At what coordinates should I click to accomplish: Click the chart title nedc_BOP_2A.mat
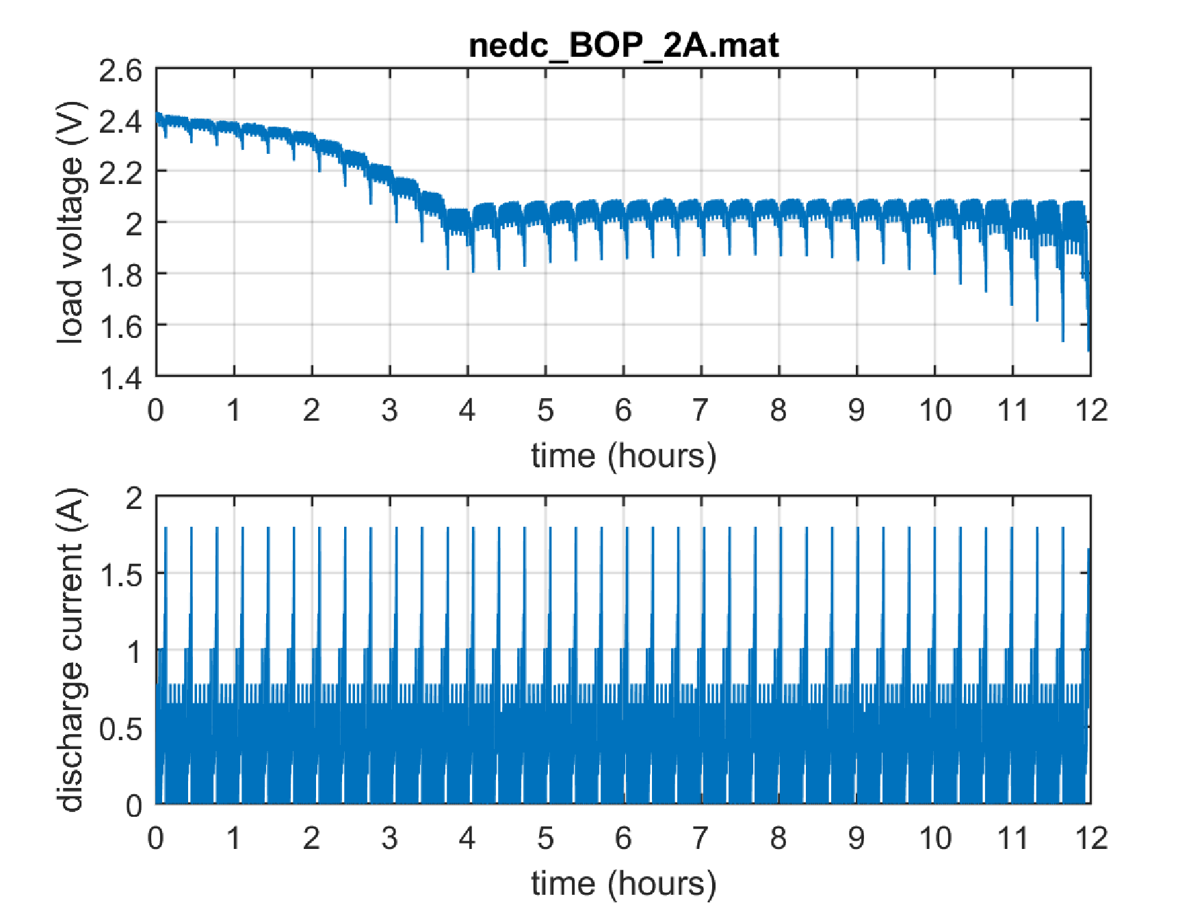click(x=623, y=45)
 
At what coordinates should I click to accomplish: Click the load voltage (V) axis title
click(x=70, y=222)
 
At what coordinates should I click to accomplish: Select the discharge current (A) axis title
click(x=70, y=650)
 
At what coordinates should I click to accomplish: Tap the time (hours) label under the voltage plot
click(x=623, y=456)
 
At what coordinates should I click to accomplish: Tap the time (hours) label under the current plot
click(x=623, y=883)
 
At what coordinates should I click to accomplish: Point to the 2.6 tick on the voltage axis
click(x=120, y=70)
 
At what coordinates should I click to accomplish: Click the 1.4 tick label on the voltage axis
click(x=120, y=378)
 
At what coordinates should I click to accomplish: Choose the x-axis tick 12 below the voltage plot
click(x=1091, y=410)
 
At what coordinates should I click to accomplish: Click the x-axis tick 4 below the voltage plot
click(x=467, y=410)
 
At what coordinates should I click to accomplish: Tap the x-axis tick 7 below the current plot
click(x=701, y=838)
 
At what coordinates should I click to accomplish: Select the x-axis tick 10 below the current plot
click(x=934, y=838)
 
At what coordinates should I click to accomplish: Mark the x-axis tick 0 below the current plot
click(x=156, y=838)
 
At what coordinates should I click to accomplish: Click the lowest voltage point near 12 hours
click(x=1088, y=350)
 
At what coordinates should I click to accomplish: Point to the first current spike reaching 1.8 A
click(x=166, y=528)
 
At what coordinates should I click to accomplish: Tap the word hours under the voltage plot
click(x=662, y=456)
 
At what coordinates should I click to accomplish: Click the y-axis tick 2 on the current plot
click(x=134, y=498)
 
